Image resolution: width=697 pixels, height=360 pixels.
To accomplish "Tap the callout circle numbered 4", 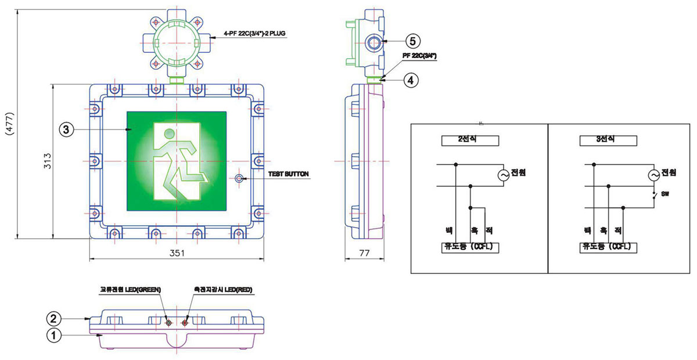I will click(x=410, y=81).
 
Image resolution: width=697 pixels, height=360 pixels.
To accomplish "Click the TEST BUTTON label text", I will click(x=288, y=174).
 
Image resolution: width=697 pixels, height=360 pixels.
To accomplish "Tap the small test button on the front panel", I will click(x=239, y=178).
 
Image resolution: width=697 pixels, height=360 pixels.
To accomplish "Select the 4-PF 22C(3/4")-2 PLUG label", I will click(x=257, y=34).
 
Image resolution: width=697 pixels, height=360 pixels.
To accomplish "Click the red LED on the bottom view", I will click(x=186, y=322).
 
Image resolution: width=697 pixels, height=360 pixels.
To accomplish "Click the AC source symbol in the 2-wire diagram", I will click(x=504, y=175).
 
